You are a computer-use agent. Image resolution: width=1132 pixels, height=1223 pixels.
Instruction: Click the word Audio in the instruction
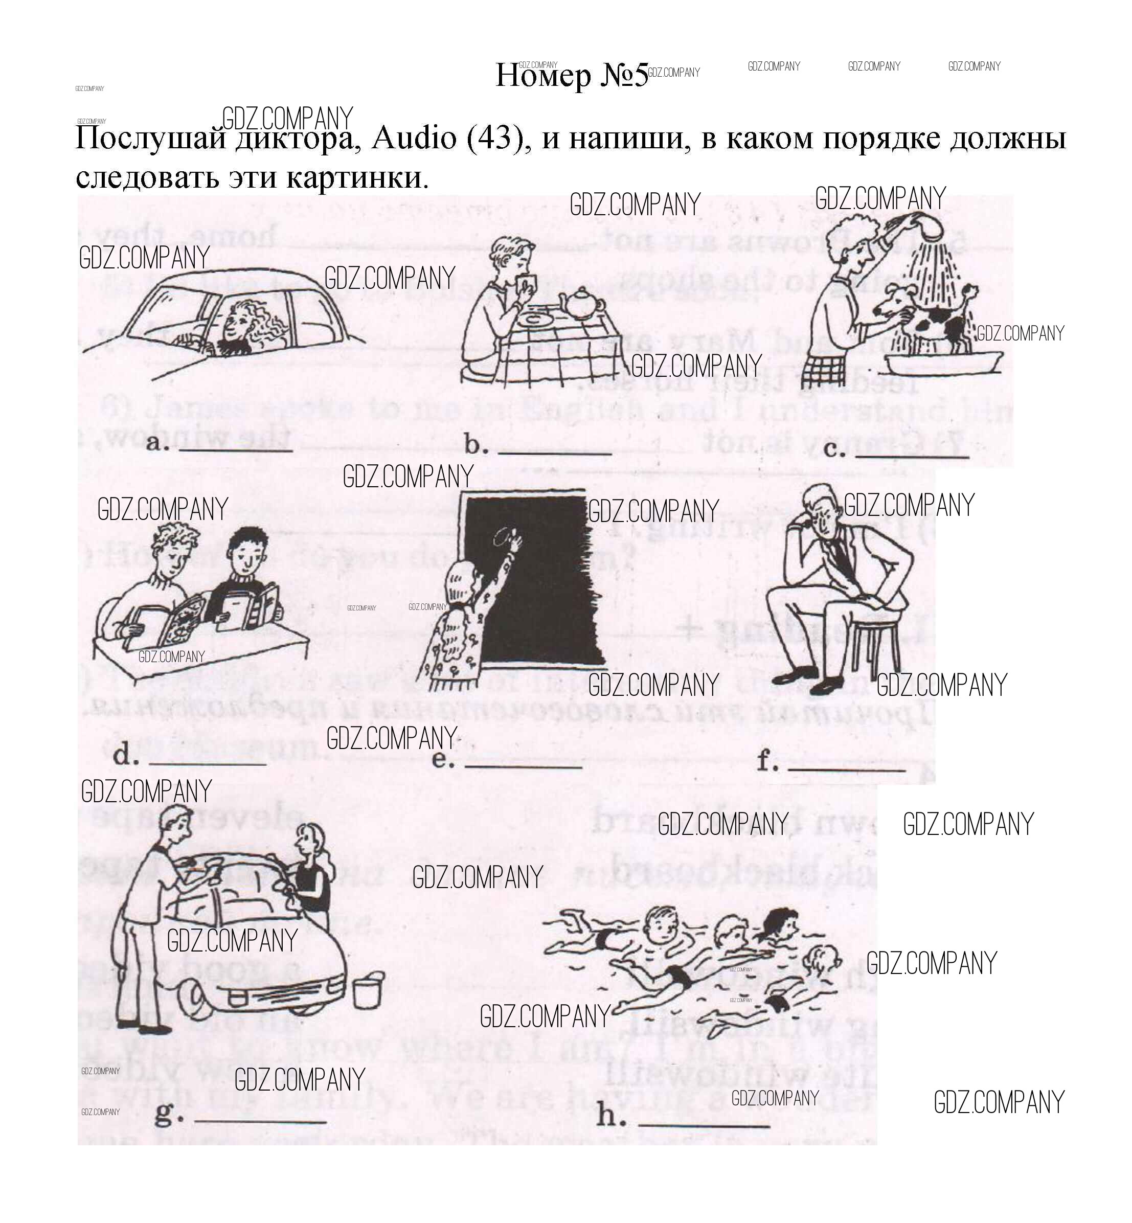[414, 138]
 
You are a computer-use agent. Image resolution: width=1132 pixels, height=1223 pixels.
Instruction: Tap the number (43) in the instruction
[497, 138]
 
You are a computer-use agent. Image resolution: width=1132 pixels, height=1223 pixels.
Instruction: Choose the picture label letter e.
[442, 759]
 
